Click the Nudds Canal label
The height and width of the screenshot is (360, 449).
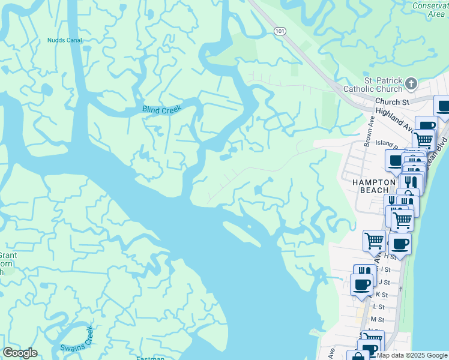pyautogui.click(x=64, y=41)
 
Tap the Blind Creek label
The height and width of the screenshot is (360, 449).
pyautogui.click(x=161, y=110)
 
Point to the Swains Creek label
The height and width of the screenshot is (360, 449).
pyautogui.click(x=77, y=340)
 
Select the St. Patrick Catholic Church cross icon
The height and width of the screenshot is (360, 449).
pyautogui.click(x=411, y=83)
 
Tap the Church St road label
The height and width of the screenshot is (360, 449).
pyautogui.click(x=393, y=102)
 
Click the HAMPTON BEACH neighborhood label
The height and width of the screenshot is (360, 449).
pyautogui.click(x=370, y=185)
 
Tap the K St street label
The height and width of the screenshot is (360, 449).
pyautogui.click(x=382, y=295)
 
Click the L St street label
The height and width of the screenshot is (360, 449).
pyautogui.click(x=378, y=307)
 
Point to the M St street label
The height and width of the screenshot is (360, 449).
pyautogui.click(x=376, y=320)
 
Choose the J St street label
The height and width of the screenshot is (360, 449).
pyautogui.click(x=384, y=282)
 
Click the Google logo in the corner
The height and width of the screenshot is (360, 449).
pyautogui.click(x=20, y=353)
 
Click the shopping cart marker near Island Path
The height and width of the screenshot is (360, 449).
pyautogui.click(x=424, y=140)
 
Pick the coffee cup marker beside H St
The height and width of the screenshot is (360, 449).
pyautogui.click(x=400, y=244)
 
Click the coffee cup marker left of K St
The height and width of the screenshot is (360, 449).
pyautogui.click(x=361, y=284)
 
